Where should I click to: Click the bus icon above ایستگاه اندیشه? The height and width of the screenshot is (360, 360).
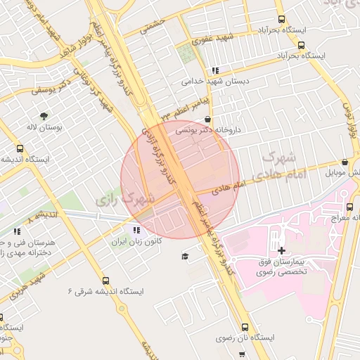pyautogui.click(x=20, y=149)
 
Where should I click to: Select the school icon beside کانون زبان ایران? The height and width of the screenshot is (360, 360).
pyautogui.click(x=136, y=229)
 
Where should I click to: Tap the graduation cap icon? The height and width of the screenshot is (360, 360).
pyautogui.click(x=184, y=257)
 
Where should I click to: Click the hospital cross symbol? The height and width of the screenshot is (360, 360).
pyautogui.click(x=282, y=250)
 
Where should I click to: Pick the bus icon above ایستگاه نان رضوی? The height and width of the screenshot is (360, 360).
pyautogui.click(x=245, y=328)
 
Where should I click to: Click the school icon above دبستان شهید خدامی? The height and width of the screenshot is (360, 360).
pyautogui.click(x=214, y=70)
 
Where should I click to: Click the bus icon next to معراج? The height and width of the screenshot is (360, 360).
pyautogui.click(x=349, y=207)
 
